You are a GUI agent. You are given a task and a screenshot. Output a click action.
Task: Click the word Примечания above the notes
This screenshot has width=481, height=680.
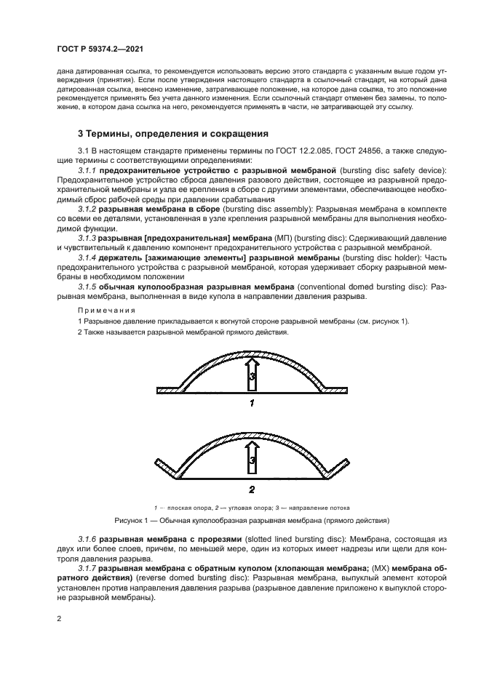103,310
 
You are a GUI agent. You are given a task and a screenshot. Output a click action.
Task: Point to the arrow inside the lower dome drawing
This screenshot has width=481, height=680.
251,459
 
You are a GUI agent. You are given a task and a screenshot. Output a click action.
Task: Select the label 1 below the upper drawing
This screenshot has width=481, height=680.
251,402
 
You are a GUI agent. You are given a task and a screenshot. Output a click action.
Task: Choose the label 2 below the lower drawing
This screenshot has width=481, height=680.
251,489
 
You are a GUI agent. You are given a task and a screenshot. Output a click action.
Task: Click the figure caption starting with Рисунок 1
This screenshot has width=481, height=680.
251,521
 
